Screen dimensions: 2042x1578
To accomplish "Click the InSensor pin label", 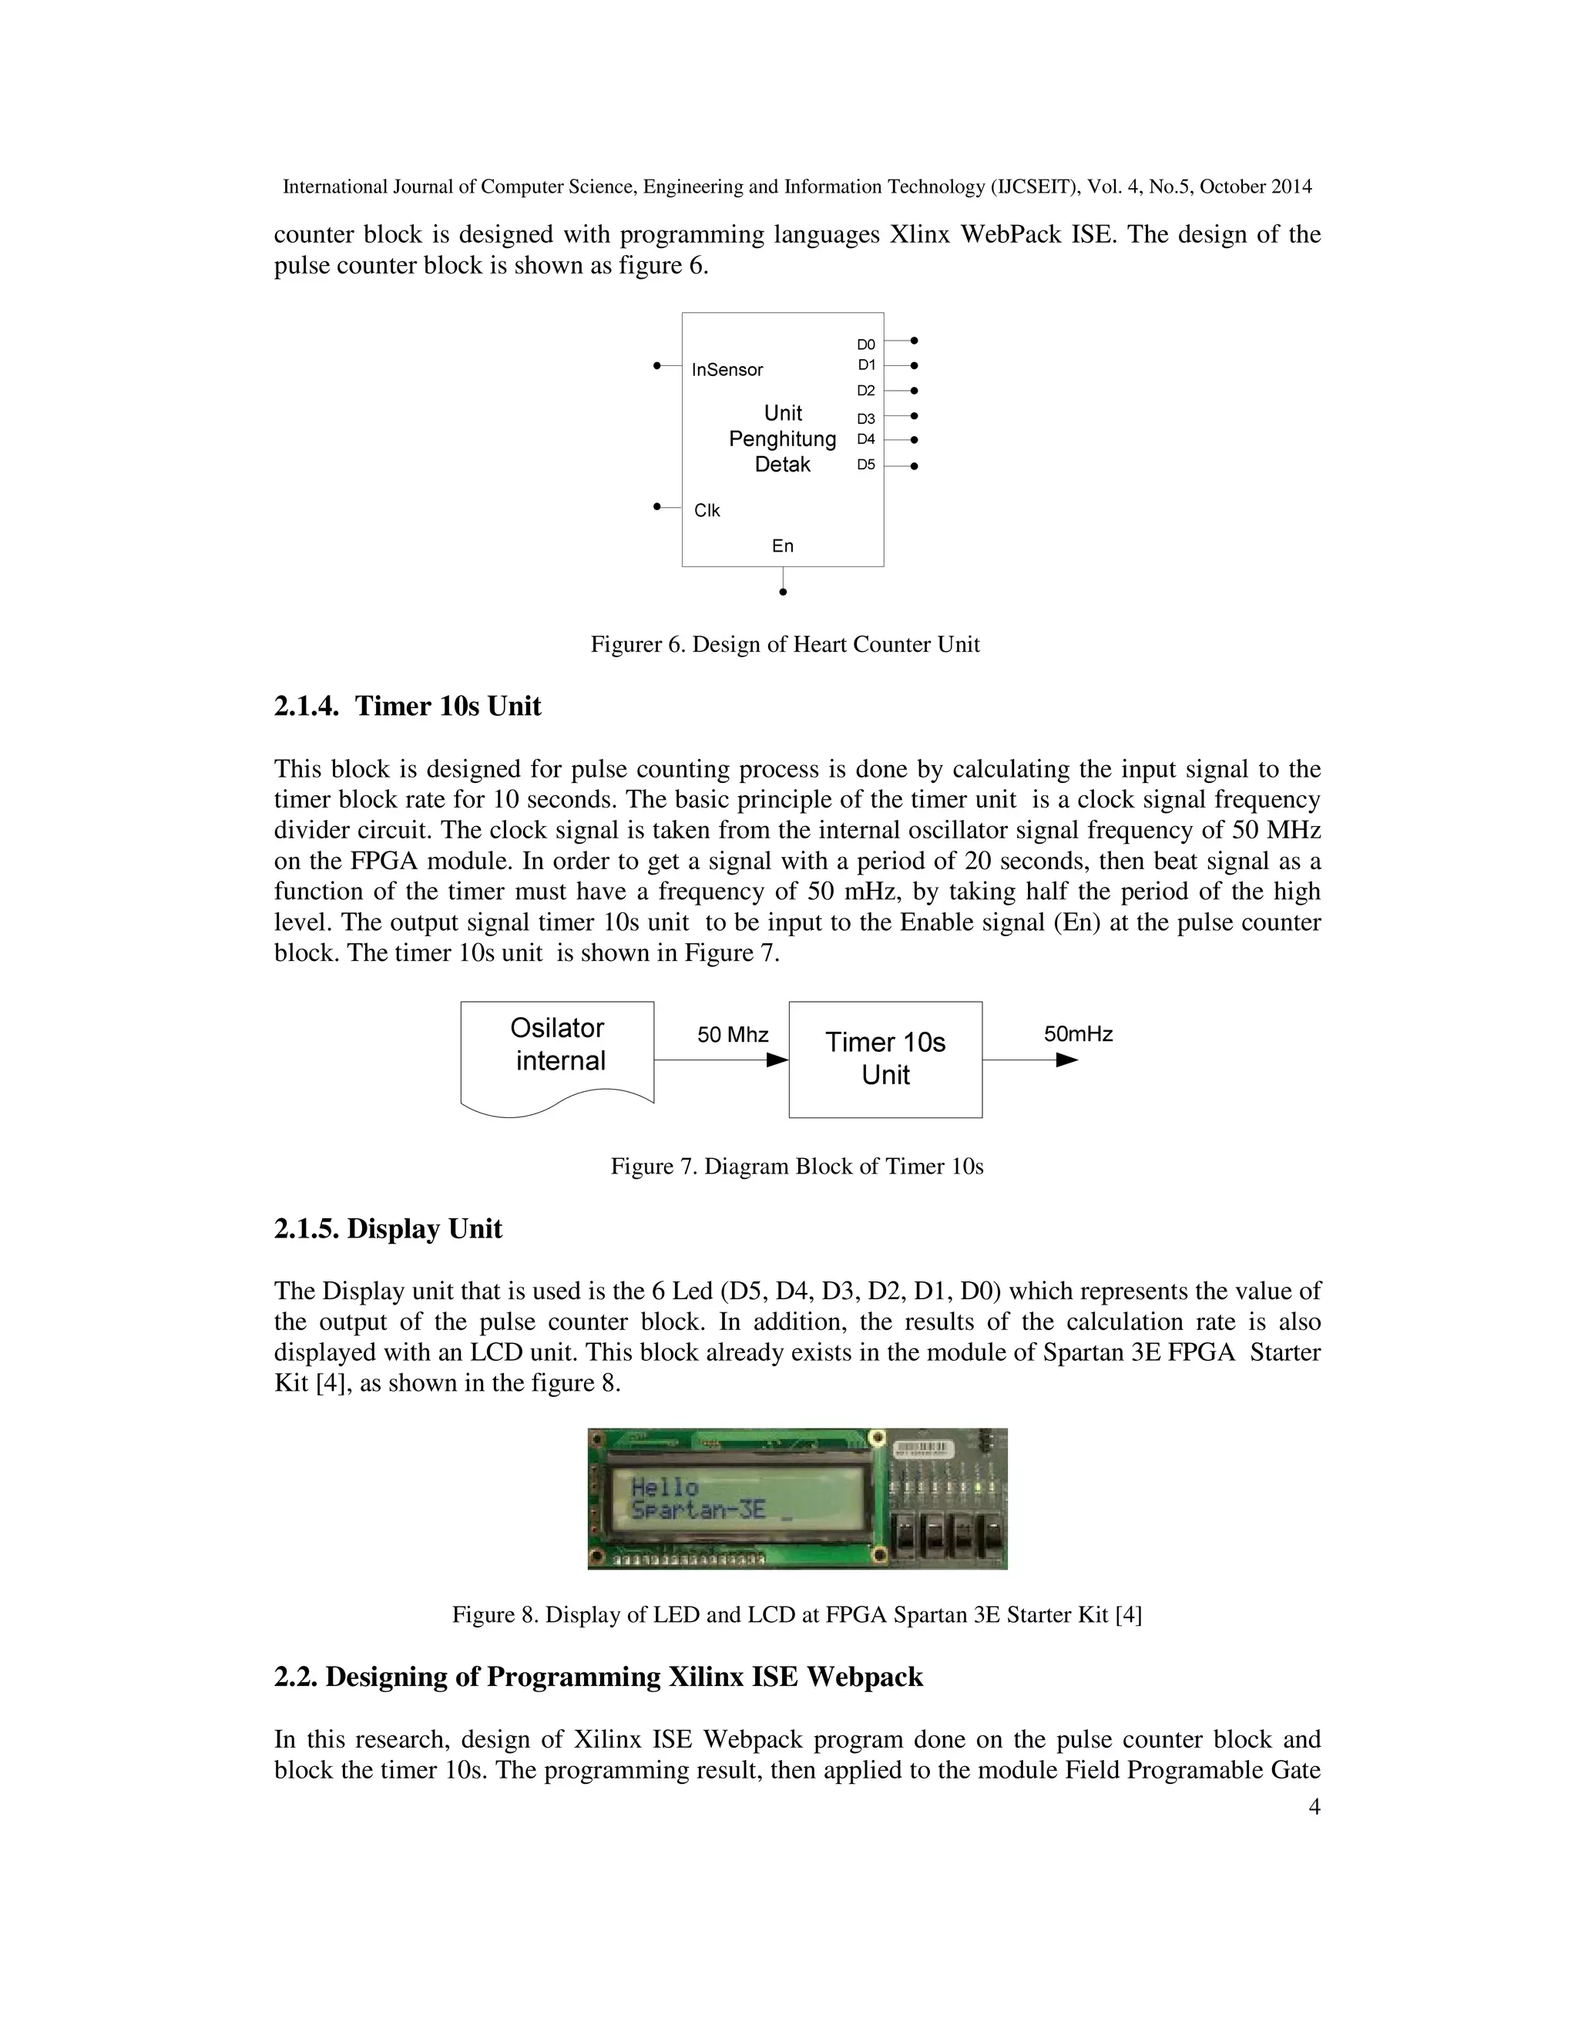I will pos(727,370).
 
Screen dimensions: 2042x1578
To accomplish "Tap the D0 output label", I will pos(865,345).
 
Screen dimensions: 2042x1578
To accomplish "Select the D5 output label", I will pos(865,465).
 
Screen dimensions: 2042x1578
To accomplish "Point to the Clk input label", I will pos(707,510).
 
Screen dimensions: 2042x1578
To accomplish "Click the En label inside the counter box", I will pos(783,546).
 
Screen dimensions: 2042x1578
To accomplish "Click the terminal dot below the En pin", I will pos(784,592).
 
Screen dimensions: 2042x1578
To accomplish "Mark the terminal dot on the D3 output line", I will pos(915,416).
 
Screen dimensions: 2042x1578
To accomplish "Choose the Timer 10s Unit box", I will pos(885,1059).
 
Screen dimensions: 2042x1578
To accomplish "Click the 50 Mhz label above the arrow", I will pos(733,1035).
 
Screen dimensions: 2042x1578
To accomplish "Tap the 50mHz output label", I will pos(1078,1034).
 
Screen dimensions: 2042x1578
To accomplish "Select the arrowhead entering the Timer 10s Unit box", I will pos(777,1060).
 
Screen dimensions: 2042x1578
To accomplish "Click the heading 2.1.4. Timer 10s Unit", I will pos(407,706).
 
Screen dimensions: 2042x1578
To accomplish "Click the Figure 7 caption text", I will pos(797,1167).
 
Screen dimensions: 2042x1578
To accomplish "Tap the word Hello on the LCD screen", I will pos(665,1486).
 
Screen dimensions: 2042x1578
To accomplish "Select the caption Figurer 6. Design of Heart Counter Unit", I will pos(784,645).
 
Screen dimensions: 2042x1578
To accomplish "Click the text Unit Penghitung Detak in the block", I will pos(783,438).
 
